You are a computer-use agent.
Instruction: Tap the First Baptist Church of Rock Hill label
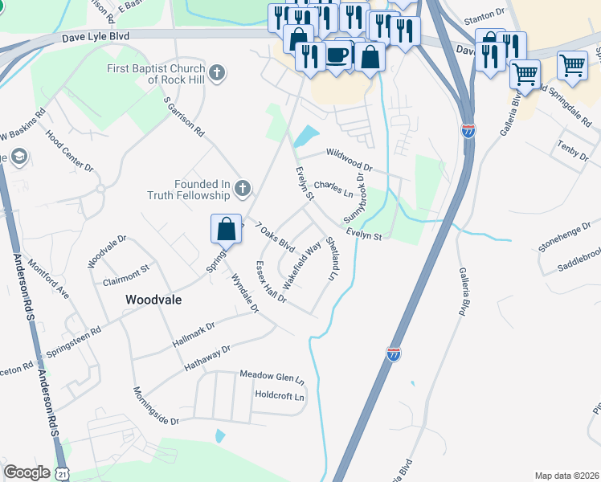(156, 75)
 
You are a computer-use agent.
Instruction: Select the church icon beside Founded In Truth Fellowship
(242, 190)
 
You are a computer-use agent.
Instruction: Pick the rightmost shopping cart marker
(572, 65)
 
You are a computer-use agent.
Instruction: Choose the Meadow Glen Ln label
(272, 377)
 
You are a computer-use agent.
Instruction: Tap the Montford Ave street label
(49, 278)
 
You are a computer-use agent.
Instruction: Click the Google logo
(27, 472)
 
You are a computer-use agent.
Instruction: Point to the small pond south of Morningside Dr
(220, 435)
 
